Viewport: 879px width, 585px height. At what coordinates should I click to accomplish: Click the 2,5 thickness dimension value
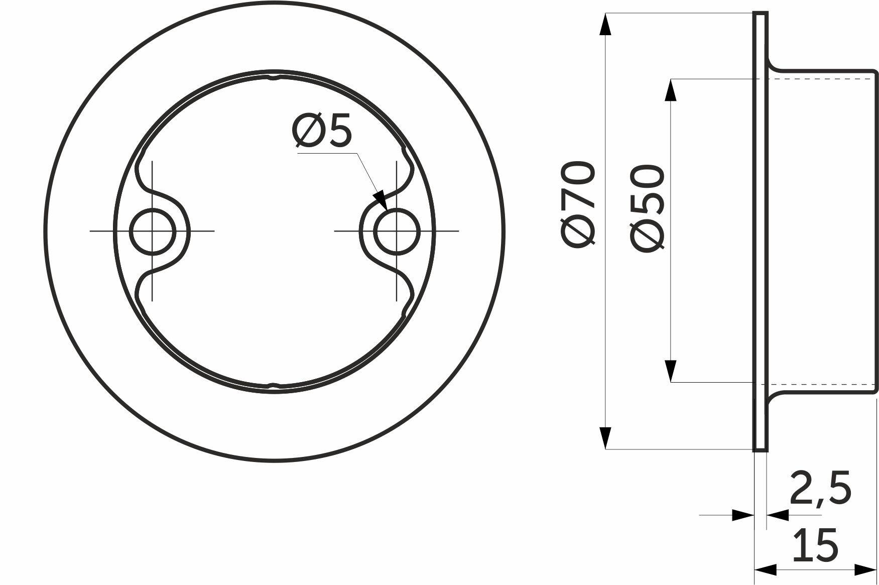pos(821,487)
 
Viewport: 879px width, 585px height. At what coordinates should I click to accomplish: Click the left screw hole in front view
pos(152,231)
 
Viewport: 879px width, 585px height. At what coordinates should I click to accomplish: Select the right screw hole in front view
pos(397,231)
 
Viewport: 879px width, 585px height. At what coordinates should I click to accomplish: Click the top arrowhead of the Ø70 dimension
pos(605,24)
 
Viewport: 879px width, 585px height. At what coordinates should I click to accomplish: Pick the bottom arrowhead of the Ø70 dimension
pos(605,437)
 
